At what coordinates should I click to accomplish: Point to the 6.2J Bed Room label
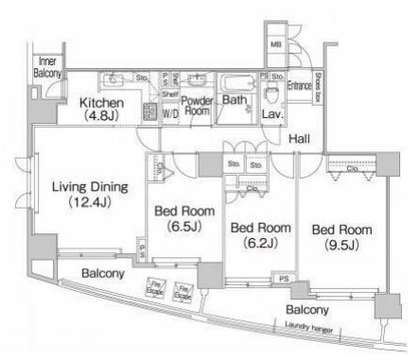[261, 235]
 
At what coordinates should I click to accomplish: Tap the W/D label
[170, 114]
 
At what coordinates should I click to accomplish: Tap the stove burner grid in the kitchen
[149, 112]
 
